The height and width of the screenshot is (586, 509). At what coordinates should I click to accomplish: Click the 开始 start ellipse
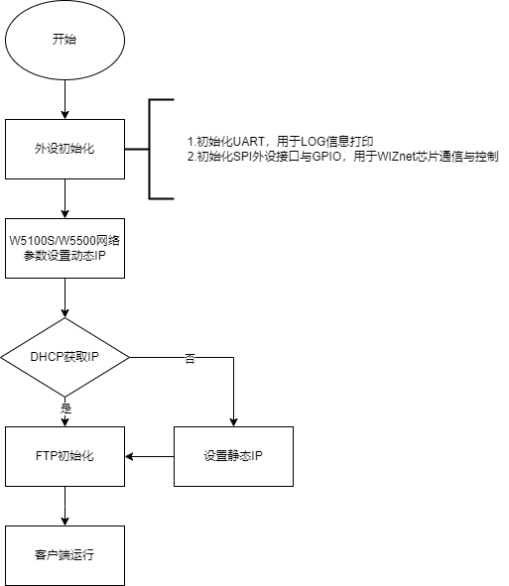coord(64,40)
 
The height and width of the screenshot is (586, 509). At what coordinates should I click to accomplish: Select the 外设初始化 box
coord(64,149)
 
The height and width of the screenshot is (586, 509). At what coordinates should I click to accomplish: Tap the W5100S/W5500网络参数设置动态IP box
coord(64,248)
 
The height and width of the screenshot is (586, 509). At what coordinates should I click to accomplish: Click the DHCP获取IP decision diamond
coord(64,357)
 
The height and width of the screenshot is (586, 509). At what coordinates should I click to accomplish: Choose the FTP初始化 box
coord(64,456)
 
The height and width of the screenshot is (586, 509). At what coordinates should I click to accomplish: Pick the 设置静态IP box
coord(233,456)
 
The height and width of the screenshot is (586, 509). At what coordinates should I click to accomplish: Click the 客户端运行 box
coord(64,555)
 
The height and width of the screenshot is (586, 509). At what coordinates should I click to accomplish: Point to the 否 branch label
coord(190,359)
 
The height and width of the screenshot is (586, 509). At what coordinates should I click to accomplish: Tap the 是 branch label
coord(65,408)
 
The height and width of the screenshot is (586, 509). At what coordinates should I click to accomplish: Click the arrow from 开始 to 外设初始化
coord(64,99)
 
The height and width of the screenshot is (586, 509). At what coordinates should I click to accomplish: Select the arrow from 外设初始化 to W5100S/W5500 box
coord(64,199)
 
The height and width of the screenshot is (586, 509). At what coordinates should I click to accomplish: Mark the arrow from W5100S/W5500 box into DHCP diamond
coord(64,297)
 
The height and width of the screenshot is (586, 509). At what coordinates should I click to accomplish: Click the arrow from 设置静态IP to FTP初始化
coord(150,456)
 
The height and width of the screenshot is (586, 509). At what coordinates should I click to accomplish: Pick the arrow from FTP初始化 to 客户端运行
coord(64,506)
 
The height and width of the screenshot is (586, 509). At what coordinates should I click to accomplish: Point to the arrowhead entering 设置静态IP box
coord(233,422)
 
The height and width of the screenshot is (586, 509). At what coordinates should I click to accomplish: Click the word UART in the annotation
coord(249,142)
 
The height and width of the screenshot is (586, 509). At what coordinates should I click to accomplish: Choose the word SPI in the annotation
coord(242,157)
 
